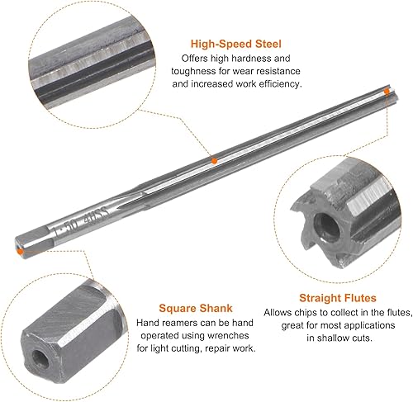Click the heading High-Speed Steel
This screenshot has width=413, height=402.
[x=236, y=44]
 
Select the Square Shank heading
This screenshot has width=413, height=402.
[x=196, y=308]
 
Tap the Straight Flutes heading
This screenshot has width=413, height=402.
[x=338, y=298]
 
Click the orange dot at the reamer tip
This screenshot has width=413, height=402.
[x=387, y=91]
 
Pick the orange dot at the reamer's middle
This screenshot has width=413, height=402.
[x=214, y=161]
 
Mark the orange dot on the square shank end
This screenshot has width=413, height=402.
[x=20, y=251]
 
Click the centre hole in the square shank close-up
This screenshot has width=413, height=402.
[x=40, y=359]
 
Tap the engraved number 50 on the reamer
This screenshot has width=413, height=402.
[x=71, y=225]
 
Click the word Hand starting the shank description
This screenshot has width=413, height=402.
[x=147, y=323]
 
